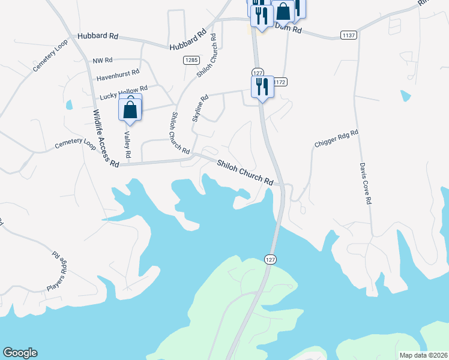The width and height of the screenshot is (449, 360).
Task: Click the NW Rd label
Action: click(103, 61)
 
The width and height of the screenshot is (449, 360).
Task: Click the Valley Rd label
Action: click(127, 145)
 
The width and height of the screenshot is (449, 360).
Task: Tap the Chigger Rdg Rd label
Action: click(336, 139)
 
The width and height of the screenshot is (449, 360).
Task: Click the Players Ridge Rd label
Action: click(56, 271)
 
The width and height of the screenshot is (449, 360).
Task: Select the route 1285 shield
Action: click(191, 60)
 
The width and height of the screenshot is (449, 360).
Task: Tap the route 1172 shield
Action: click(281, 81)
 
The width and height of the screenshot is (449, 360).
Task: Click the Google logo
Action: click(20, 353)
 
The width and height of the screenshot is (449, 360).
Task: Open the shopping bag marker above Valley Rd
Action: click(130, 109)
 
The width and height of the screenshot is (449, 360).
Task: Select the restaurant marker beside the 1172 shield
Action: click(262, 86)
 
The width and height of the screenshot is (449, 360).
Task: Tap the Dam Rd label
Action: click(288, 28)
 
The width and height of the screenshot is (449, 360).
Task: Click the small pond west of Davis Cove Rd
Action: click(406, 95)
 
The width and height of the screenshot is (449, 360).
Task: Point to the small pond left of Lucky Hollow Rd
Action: click(69, 105)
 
